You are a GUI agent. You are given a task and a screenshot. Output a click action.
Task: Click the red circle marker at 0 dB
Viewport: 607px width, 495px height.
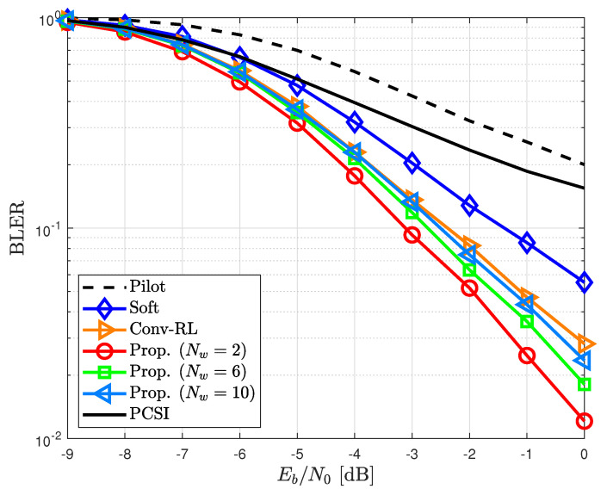point(584,421)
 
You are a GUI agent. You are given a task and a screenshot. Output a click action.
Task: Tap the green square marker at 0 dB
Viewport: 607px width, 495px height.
point(584,385)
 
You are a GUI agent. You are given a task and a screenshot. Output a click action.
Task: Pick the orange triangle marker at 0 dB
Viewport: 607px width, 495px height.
point(585,343)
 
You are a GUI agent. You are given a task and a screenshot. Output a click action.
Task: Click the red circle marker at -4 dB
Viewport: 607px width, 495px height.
point(354,176)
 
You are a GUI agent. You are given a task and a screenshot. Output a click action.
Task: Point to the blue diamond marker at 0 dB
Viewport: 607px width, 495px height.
point(584,282)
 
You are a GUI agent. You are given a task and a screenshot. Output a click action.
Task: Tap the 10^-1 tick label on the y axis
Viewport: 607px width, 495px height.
point(45,228)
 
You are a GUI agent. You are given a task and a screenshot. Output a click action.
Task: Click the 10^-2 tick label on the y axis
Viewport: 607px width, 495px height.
point(45,440)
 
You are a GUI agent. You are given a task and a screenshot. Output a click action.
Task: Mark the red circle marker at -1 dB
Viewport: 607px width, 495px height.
point(526,356)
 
